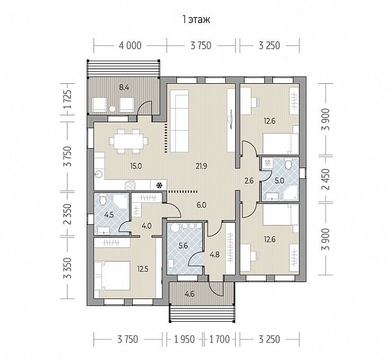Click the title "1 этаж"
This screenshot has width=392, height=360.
197,19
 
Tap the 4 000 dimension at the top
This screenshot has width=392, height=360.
130,46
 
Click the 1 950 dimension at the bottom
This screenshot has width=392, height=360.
185,339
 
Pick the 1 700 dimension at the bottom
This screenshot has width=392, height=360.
219,339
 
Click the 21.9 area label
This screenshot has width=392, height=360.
201,166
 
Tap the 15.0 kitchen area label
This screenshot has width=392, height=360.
136,166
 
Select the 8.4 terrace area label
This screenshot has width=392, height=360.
124,87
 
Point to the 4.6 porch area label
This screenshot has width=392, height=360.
190,294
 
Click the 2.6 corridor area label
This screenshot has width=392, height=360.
249,180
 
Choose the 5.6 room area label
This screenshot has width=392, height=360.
183,246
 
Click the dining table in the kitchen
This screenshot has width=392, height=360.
129,141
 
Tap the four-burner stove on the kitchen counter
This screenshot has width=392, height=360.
130,185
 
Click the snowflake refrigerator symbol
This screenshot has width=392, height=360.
158,186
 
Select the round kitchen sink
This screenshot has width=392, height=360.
99,174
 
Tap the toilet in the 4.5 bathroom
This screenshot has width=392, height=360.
103,199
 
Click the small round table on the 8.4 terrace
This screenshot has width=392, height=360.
113,109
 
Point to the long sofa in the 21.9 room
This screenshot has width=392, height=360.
179,121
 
